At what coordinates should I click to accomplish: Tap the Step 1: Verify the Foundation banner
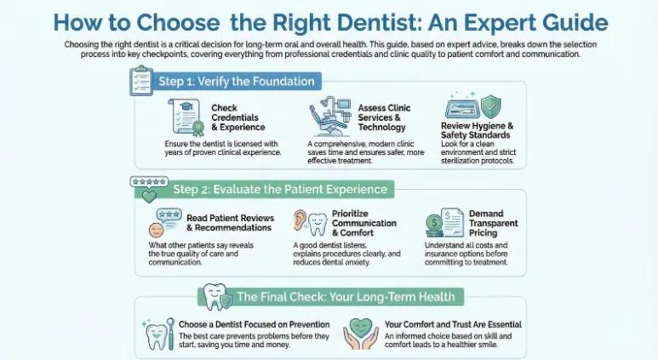pos(236,82)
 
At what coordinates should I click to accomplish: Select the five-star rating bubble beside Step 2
pos(146,183)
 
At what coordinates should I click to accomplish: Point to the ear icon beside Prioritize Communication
pos(300,220)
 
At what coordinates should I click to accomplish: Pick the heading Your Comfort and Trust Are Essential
pos(453,324)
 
